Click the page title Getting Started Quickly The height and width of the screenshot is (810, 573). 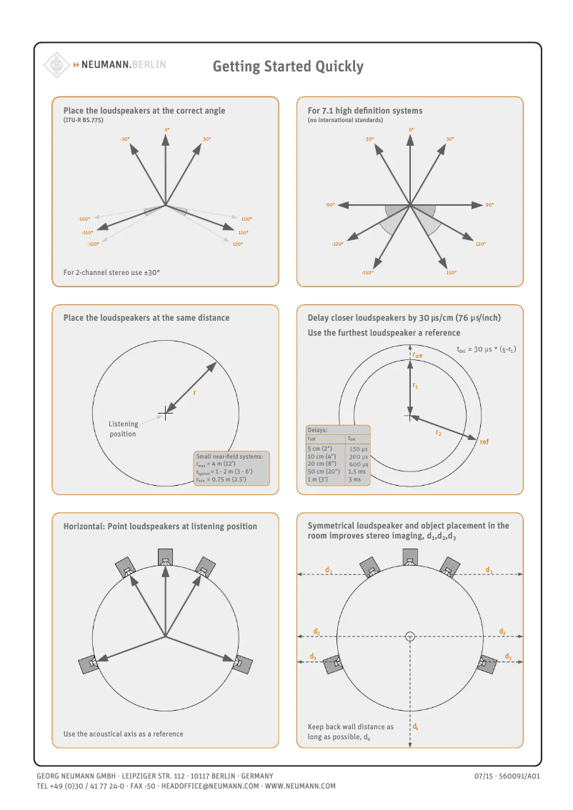coord(288,66)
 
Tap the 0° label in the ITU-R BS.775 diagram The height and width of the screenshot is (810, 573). coord(166,129)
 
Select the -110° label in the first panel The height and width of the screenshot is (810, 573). coord(87,232)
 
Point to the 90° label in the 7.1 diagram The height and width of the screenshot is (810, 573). coord(489,205)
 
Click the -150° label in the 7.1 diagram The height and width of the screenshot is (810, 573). coord(367,272)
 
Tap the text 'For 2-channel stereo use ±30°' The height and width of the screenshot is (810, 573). coord(111,272)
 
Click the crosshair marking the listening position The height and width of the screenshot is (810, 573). coord(166,411)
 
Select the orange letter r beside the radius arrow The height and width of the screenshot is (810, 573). coord(194,393)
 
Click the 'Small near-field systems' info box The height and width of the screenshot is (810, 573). coord(231,468)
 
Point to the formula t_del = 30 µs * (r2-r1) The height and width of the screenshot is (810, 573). coord(486,349)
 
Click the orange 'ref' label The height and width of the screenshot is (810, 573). coord(484,442)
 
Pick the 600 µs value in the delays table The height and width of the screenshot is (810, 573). coord(358,464)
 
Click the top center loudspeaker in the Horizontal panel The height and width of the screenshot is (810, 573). coord(166,557)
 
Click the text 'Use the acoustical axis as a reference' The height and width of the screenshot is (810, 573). coord(123,734)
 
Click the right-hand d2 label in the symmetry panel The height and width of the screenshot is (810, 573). coord(502,631)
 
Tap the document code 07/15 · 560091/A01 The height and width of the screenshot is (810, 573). coord(507,776)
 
